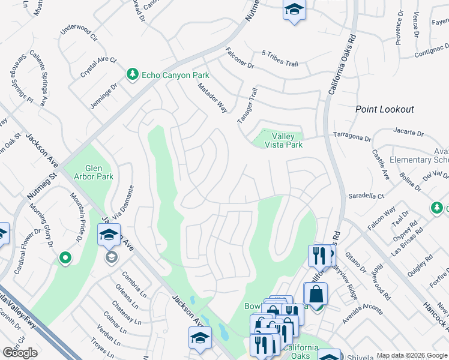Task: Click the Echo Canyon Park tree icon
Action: click(132, 74)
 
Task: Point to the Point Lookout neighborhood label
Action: click(384, 109)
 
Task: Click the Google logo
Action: click(20, 353)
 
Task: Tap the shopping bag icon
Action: click(315, 295)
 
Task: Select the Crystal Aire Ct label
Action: click(98, 68)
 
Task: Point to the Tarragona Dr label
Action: click(352, 137)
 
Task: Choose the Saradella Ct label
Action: click(366, 196)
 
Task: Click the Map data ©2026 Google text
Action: click(412, 355)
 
